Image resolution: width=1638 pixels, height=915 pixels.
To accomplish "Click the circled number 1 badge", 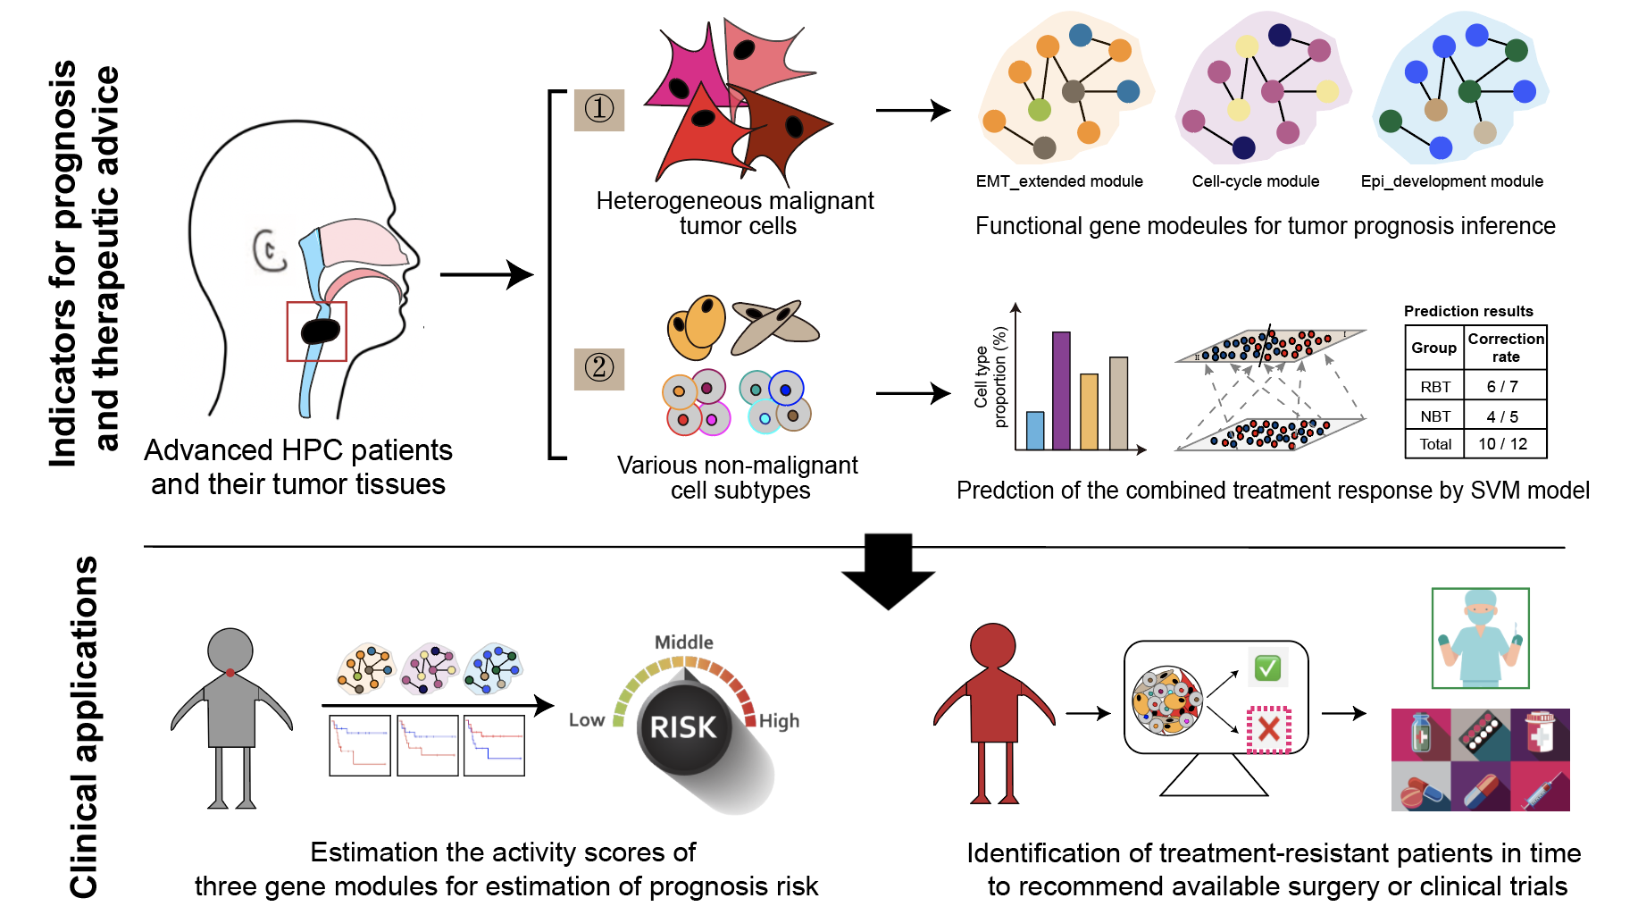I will pyautogui.click(x=598, y=109).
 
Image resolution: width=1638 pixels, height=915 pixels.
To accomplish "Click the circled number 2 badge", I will pyautogui.click(x=598, y=367).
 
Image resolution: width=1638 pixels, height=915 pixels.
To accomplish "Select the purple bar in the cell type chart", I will pyautogui.click(x=1061, y=390).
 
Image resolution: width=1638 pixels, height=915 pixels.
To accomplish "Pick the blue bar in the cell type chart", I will pyautogui.click(x=1035, y=430).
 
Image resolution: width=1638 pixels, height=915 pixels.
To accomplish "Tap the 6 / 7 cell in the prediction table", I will pyautogui.click(x=1502, y=386).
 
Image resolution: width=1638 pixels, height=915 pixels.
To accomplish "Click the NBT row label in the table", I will pyautogui.click(x=1435, y=416).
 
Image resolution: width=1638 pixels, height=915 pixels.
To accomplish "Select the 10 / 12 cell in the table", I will pyautogui.click(x=1502, y=444).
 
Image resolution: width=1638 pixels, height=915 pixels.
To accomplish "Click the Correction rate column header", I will pyautogui.click(x=1506, y=348).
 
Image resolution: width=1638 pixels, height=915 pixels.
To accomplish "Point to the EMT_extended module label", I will pyautogui.click(x=1059, y=181).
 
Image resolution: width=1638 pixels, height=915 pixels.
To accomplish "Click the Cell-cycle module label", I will pyautogui.click(x=1255, y=181).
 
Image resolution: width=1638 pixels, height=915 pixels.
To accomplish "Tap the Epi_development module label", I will pyautogui.click(x=1451, y=181).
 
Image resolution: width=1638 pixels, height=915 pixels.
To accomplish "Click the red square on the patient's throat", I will pyautogui.click(x=316, y=332).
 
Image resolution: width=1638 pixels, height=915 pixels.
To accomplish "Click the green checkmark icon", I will pyautogui.click(x=1267, y=667).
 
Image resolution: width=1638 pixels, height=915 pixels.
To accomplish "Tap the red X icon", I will pyautogui.click(x=1268, y=729).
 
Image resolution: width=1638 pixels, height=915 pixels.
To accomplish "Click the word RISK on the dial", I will pyautogui.click(x=683, y=727).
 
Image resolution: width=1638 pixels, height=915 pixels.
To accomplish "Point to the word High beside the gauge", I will pyautogui.click(x=779, y=721).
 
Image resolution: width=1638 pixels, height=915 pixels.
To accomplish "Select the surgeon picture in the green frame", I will pyautogui.click(x=1480, y=638).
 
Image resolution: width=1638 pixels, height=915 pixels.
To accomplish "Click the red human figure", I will pyautogui.click(x=993, y=710).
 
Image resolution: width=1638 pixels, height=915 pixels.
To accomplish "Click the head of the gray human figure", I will pyautogui.click(x=230, y=650).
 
